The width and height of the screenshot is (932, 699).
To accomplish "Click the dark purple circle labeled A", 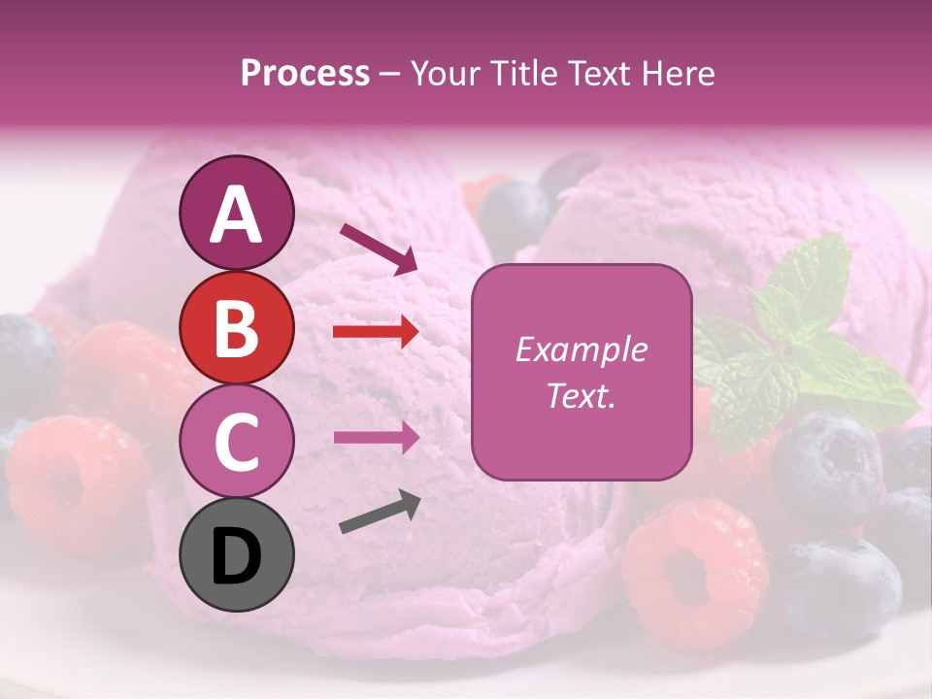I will tap(236, 213).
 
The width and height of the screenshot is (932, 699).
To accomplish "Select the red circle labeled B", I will tap(236, 327).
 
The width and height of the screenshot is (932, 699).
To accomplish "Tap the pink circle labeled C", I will tap(236, 441).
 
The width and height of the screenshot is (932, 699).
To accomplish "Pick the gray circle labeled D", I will tap(236, 554).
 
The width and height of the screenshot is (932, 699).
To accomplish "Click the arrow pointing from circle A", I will tap(379, 248).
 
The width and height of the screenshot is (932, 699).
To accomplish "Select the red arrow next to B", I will tap(376, 332).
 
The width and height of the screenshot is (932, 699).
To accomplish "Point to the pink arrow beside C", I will tap(376, 437).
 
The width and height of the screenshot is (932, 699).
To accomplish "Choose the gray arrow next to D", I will tap(380, 513).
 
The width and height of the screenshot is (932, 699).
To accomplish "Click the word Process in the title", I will tap(305, 73).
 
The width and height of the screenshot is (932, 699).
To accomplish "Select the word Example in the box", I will tap(581, 349).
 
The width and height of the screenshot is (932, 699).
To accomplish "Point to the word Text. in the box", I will tap(581, 395).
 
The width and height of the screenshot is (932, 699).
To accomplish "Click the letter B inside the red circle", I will tap(236, 327).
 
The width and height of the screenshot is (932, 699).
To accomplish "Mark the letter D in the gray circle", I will tap(236, 556).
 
